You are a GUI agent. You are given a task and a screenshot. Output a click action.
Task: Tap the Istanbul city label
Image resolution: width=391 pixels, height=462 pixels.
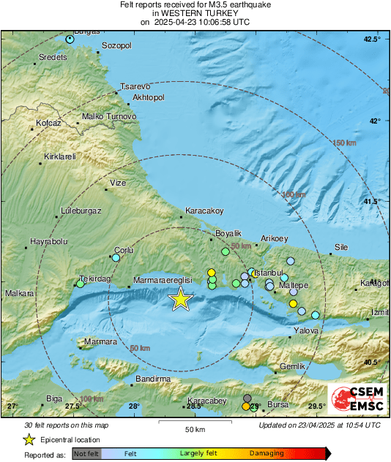click(x=272, y=272)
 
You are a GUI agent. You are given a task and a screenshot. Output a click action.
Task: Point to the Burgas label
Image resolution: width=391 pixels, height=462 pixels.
click(x=86, y=31)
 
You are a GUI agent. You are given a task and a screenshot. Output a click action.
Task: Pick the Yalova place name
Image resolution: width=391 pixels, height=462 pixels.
click(x=306, y=330)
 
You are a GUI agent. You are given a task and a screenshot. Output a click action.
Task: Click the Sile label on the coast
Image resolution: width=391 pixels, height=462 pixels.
click(x=341, y=247)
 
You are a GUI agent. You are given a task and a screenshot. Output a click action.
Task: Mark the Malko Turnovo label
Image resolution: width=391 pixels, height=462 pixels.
click(x=109, y=116)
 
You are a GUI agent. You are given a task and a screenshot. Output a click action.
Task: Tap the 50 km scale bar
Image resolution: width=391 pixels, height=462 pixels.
click(x=194, y=422)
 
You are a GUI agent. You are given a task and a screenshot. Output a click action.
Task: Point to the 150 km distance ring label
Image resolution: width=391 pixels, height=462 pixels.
click(x=343, y=143)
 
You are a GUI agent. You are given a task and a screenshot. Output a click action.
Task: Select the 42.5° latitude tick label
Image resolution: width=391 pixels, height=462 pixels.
click(x=373, y=39)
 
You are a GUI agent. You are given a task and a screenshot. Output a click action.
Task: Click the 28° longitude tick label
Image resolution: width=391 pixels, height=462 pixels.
click(x=133, y=406)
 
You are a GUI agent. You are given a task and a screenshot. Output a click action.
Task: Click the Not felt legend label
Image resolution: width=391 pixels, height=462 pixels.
click(x=86, y=454)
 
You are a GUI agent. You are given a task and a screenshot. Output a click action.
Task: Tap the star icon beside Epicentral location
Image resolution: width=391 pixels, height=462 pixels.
click(x=29, y=439)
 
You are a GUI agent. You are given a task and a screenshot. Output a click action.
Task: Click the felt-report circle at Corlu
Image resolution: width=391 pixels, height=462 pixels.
click(x=116, y=257)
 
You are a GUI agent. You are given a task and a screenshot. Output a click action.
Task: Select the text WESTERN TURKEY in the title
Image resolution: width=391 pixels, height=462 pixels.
click(x=195, y=13)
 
